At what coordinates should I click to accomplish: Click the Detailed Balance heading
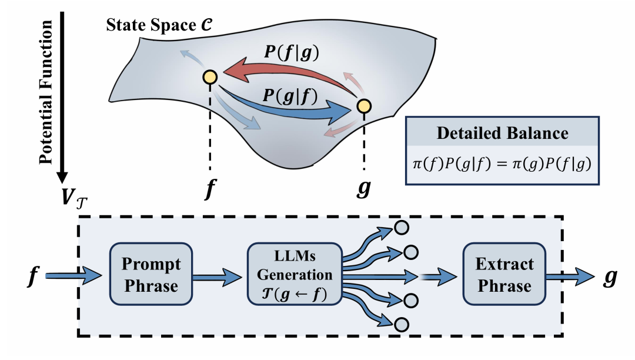click(x=502, y=133)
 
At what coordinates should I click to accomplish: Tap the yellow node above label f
click(x=210, y=76)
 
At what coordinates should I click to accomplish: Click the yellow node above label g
click(x=364, y=106)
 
